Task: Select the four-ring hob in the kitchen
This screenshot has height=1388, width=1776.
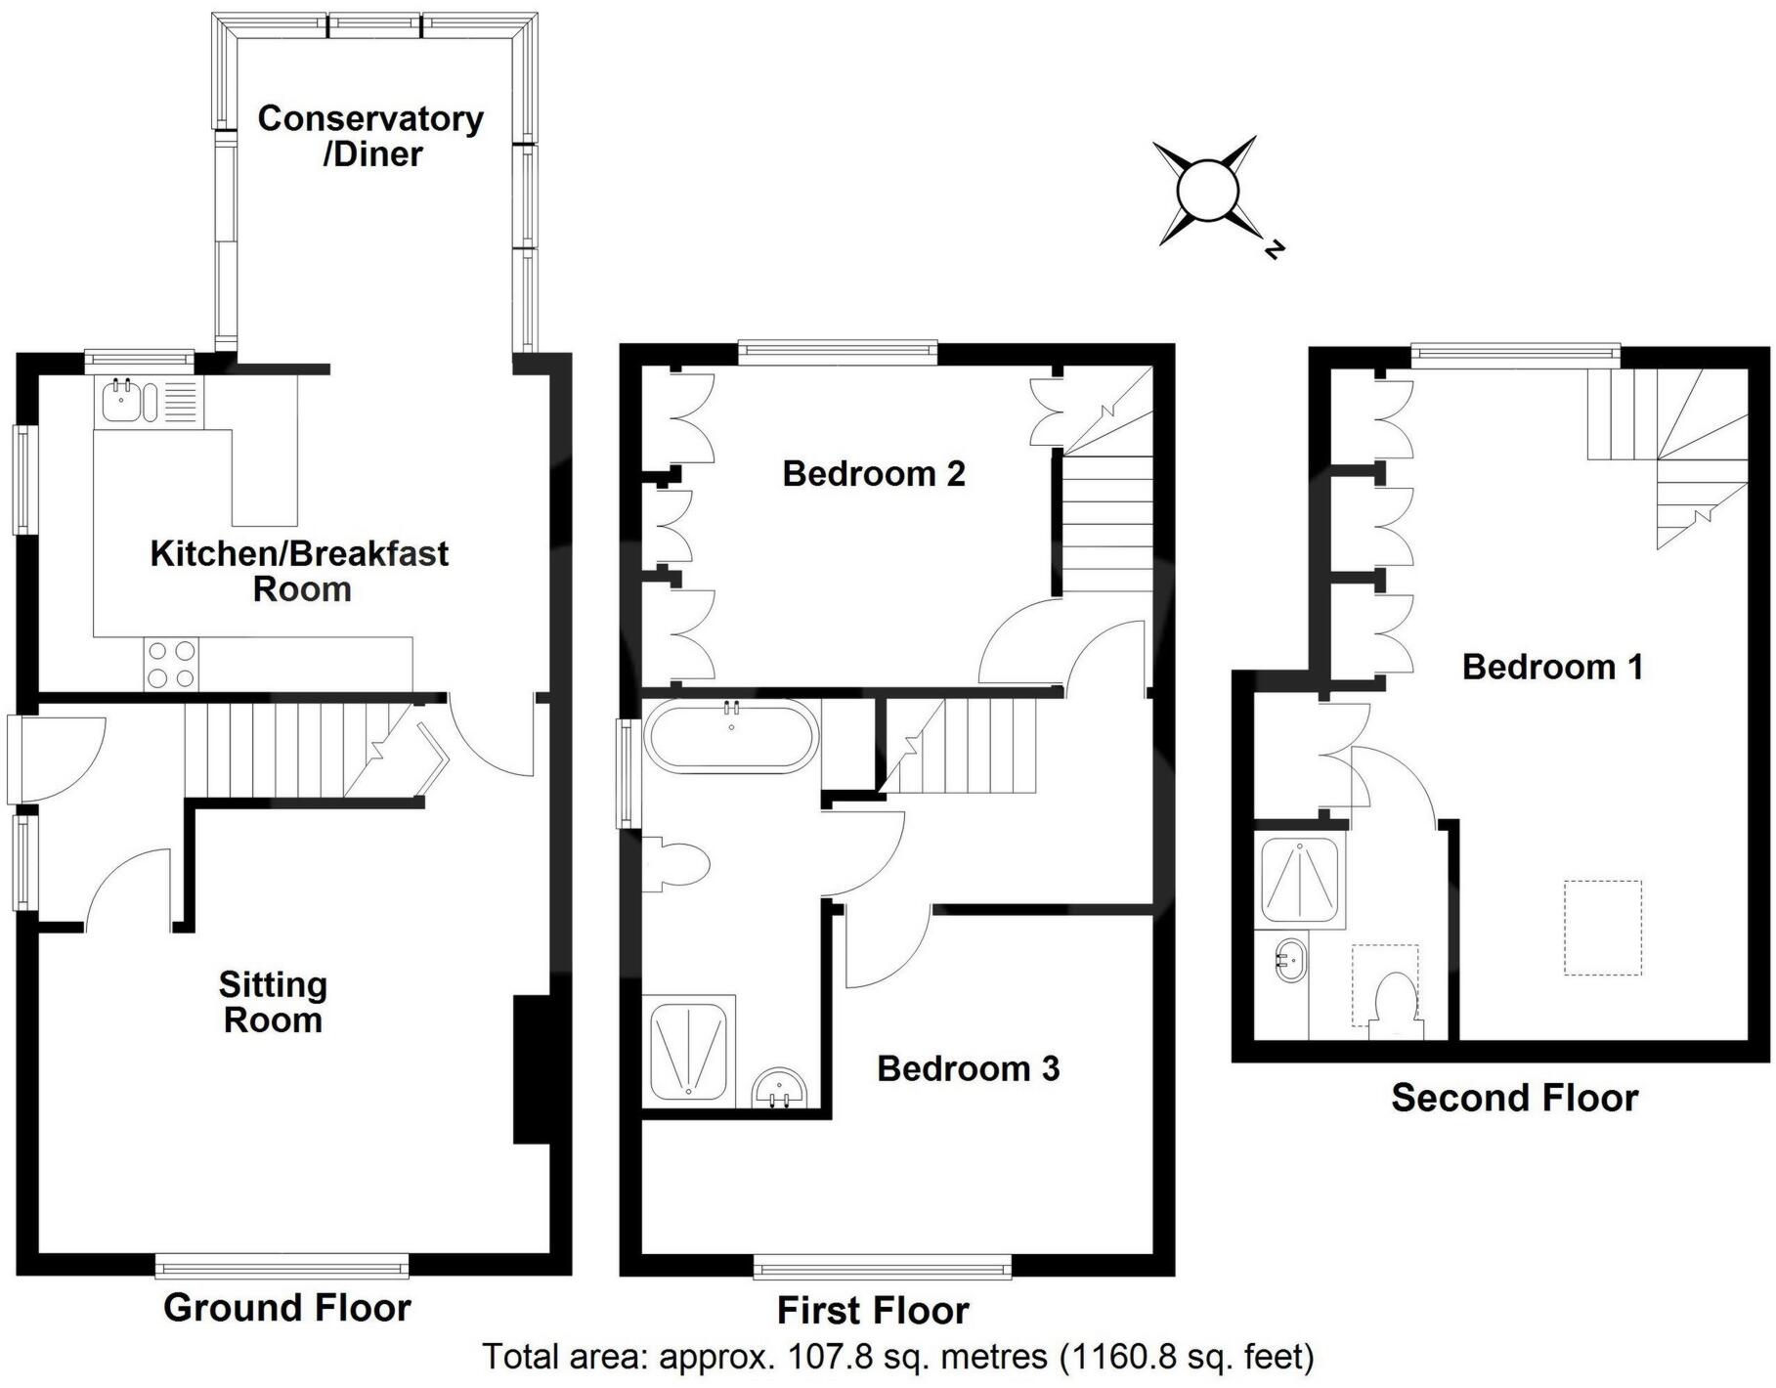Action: pyautogui.click(x=171, y=664)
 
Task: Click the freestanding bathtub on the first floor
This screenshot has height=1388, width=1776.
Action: pyautogui.click(x=731, y=736)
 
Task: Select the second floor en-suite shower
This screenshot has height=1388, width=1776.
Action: pyautogui.click(x=1299, y=877)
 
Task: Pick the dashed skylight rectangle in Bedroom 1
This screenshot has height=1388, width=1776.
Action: pyautogui.click(x=1602, y=928)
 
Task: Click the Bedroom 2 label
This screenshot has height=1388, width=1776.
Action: pyautogui.click(x=874, y=474)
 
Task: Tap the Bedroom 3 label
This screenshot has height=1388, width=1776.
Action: pyautogui.click(x=968, y=1068)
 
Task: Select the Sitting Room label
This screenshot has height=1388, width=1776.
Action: pyautogui.click(x=272, y=1002)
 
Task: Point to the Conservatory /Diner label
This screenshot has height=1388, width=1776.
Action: pyautogui.click(x=370, y=136)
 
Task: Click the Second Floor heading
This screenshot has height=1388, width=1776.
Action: pyautogui.click(x=1514, y=1098)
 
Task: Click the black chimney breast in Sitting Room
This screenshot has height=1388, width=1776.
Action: pyautogui.click(x=531, y=1069)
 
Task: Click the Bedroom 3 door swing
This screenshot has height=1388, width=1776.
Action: pyautogui.click(x=885, y=945)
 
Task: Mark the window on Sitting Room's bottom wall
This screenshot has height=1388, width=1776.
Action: pyautogui.click(x=282, y=1268)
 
